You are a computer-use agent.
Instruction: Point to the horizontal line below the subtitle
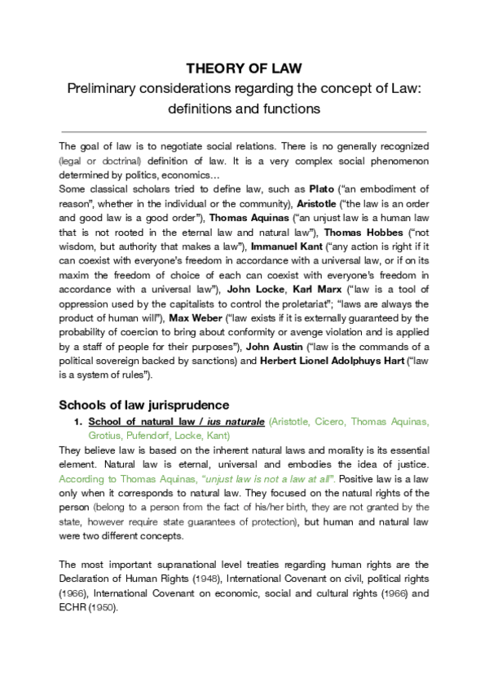point(244,131)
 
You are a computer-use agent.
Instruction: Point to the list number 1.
point(77,421)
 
